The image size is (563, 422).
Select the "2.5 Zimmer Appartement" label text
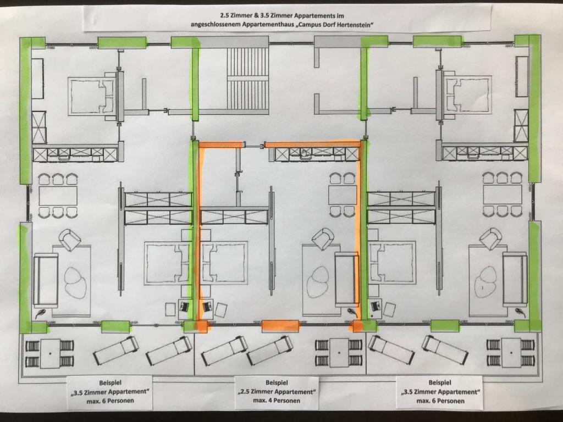[277, 391]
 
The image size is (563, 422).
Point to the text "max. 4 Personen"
[277, 401]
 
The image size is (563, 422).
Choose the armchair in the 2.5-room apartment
[323, 238]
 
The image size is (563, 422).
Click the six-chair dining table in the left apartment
[58, 196]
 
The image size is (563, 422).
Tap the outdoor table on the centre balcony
[339, 353]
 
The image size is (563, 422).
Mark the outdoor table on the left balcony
[50, 353]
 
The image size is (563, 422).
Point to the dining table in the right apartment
[502, 195]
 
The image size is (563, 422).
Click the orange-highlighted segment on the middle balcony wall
[280, 325]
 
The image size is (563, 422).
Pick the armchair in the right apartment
[491, 238]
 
